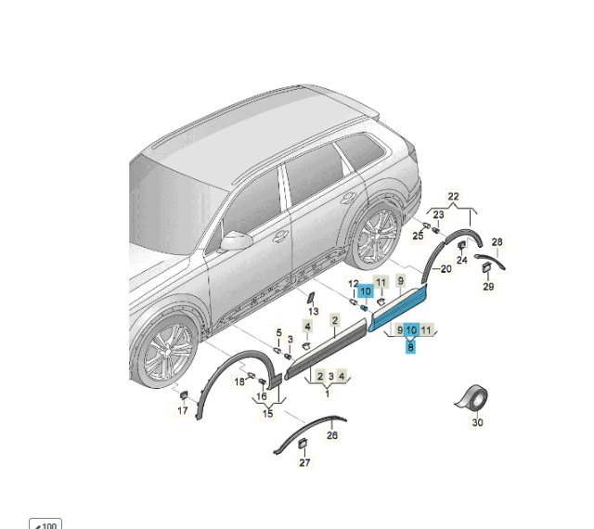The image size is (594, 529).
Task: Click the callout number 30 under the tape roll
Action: (x=478, y=422)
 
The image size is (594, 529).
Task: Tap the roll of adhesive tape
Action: (x=472, y=399)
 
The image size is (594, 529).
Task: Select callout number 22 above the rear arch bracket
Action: (x=453, y=197)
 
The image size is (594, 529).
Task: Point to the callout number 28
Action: (x=497, y=242)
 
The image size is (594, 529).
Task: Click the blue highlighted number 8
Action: (x=410, y=346)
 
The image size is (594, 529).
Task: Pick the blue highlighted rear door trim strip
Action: (x=398, y=307)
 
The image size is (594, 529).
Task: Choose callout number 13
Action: (x=314, y=312)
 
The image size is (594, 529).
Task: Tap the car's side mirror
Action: (x=236, y=240)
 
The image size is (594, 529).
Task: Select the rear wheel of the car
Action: (x=374, y=236)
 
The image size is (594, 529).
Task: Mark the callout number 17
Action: (x=183, y=410)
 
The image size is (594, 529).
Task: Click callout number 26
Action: (x=332, y=435)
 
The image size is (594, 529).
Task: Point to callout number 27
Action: (x=305, y=462)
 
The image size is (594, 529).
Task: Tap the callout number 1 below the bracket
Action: (x=328, y=394)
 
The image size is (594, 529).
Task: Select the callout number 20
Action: (x=446, y=268)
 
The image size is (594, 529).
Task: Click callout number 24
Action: (x=462, y=260)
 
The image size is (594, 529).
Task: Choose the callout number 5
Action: (x=279, y=332)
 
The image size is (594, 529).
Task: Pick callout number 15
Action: (x=268, y=413)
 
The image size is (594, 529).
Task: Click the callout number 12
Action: (x=353, y=283)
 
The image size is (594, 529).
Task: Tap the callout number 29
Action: (x=489, y=287)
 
